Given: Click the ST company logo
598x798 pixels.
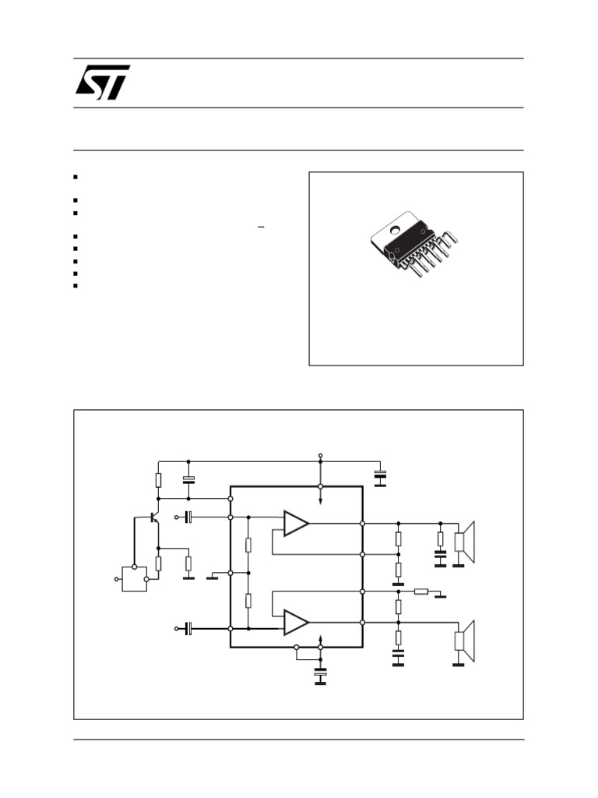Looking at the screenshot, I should click(103, 82).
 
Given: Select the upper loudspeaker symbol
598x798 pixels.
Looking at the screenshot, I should click(466, 542).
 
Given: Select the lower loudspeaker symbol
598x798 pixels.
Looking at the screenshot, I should click(466, 640).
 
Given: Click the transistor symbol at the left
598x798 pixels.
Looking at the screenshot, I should click(154, 517).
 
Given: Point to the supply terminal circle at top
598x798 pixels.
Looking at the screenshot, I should click(321, 454).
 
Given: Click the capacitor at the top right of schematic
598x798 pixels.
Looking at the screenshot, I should click(380, 475).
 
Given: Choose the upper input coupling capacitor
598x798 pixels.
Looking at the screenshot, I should click(188, 517).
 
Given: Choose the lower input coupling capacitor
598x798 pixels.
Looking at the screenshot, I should click(188, 628).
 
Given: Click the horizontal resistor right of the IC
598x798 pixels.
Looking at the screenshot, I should click(420, 591).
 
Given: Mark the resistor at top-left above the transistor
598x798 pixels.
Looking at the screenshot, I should click(158, 479).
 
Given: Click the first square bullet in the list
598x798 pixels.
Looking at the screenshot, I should click(77, 178).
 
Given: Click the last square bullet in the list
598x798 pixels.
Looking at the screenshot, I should click(77, 285).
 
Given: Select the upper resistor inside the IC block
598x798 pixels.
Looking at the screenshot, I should click(248, 545).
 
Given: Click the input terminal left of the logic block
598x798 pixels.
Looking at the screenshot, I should click(117, 579).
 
